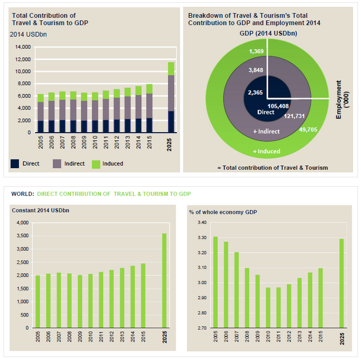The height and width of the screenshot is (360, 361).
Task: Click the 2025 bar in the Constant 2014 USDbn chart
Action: click(x=164, y=281)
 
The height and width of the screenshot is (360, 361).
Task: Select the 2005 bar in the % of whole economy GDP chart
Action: click(x=216, y=282)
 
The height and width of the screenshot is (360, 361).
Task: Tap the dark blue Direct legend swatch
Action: click(x=14, y=163)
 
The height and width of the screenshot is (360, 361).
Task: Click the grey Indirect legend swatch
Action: click(x=57, y=163)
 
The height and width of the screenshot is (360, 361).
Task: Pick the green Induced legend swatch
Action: click(x=96, y=164)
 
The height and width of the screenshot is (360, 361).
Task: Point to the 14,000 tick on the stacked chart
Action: click(x=23, y=47)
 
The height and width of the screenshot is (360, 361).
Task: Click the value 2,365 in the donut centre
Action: click(x=256, y=93)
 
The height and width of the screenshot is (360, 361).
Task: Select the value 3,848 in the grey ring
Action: click(x=256, y=70)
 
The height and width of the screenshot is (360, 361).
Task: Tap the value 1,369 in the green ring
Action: click(x=256, y=51)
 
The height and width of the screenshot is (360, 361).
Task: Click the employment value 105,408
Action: click(x=278, y=106)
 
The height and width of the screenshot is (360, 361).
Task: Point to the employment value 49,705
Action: click(x=308, y=130)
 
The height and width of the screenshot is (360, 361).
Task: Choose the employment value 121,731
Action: click(x=294, y=116)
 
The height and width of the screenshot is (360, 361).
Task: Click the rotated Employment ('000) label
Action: click(x=342, y=100)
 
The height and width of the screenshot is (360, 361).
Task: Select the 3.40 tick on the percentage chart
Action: click(x=202, y=223)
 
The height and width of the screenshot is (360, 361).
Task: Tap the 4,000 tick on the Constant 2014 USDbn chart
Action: click(x=23, y=223)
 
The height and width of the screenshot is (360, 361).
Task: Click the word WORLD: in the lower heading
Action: click(x=23, y=194)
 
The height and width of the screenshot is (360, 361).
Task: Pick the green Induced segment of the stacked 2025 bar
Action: click(x=171, y=68)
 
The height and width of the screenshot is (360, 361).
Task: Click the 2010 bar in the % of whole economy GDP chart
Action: click(x=268, y=308)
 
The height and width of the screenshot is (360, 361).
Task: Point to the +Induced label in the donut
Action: click(x=267, y=151)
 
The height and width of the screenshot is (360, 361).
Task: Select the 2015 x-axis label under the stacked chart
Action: click(x=149, y=142)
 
